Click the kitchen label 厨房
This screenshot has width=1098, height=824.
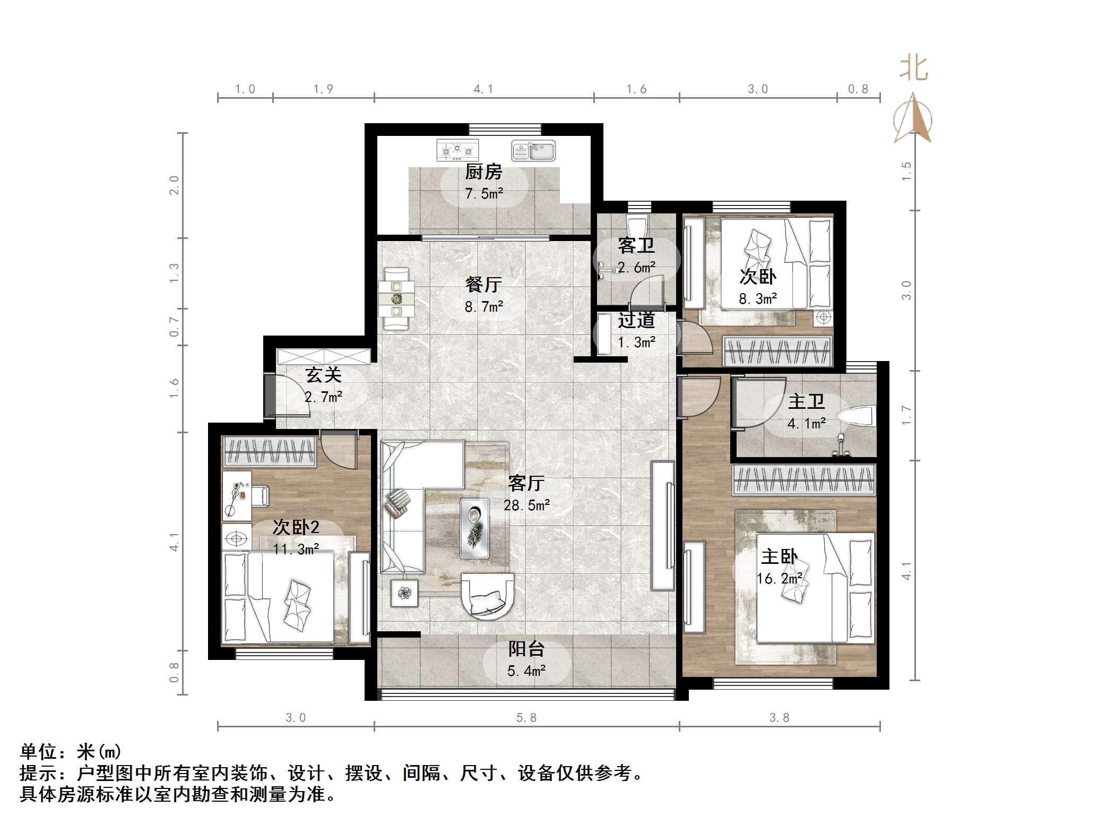[483, 172]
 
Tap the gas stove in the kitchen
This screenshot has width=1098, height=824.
[457, 150]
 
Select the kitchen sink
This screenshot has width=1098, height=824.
[533, 151]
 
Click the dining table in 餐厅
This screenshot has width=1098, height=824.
[396, 299]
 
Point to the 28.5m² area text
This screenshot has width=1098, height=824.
[526, 505]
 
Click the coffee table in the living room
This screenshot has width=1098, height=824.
[474, 528]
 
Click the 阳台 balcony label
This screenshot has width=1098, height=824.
[526, 649]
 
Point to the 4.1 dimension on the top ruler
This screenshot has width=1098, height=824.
[483, 89]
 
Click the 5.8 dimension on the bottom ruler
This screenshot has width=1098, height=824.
[526, 718]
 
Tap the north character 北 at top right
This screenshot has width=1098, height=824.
[913, 69]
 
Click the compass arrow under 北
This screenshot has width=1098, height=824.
[913, 119]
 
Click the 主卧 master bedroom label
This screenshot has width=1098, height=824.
[779, 556]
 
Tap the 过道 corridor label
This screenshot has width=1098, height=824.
[636, 321]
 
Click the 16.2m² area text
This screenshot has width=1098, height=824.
[779, 578]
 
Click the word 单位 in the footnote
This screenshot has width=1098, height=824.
[38, 752]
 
